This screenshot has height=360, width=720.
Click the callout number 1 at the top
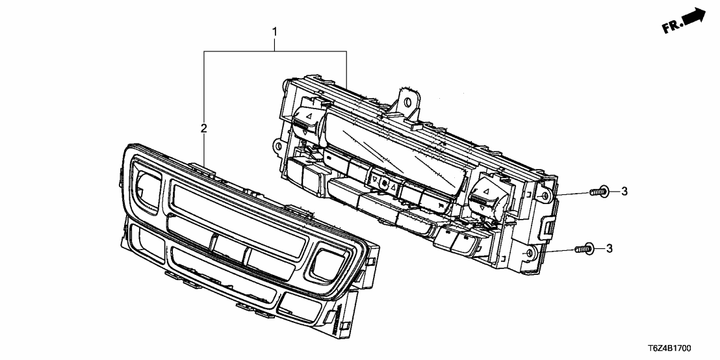(275, 31)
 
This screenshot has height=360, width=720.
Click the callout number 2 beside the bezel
(203, 129)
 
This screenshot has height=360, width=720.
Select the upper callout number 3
(624, 190)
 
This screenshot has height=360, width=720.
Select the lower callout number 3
(609, 248)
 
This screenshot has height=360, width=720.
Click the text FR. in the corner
(671, 28)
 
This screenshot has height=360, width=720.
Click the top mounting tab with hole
(408, 99)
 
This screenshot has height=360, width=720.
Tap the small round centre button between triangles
(385, 185)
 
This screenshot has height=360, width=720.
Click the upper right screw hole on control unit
(545, 193)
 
